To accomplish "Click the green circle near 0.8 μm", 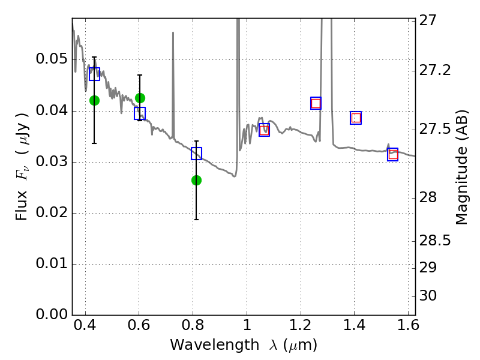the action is pos(197,181).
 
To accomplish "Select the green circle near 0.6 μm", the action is pos(140,98).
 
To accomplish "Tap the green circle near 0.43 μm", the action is pos(94,100).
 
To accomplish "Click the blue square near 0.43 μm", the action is pos(94,74).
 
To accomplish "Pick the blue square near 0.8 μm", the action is pos(197,154).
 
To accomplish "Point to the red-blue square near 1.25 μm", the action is pos(316,103).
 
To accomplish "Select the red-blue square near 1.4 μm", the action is pos(356,118).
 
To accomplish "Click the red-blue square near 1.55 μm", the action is pos(393,154).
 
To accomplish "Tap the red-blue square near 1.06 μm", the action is pos(264,130).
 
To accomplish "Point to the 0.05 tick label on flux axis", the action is pos(52,59).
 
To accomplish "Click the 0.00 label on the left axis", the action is pos(52,314).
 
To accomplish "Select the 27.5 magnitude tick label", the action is pos(434,129).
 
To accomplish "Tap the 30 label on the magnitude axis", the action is pos(428,296).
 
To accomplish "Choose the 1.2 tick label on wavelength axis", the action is pos(301,325).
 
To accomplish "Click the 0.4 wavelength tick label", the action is pos(85,325).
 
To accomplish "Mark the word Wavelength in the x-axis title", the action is pos(215,345).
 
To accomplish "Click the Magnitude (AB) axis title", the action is pos(462,167).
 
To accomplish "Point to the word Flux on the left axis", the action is pos(21,205).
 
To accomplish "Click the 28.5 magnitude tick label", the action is pos(434,241).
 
